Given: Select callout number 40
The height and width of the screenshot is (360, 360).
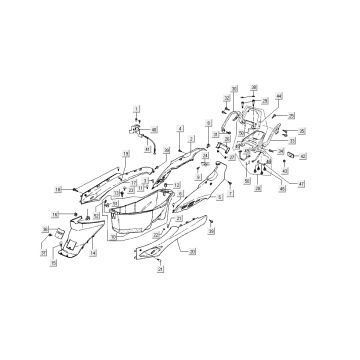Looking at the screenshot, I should pos(154,130).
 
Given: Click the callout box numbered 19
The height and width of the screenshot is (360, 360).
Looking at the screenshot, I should pos(126,154).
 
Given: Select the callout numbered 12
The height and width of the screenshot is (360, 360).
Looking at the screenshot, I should pos(177,185).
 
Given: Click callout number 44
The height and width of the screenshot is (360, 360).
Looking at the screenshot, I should pos(279,96).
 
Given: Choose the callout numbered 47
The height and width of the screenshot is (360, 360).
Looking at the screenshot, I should pos(301,184).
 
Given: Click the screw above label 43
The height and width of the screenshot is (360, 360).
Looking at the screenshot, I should pos(284,161).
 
